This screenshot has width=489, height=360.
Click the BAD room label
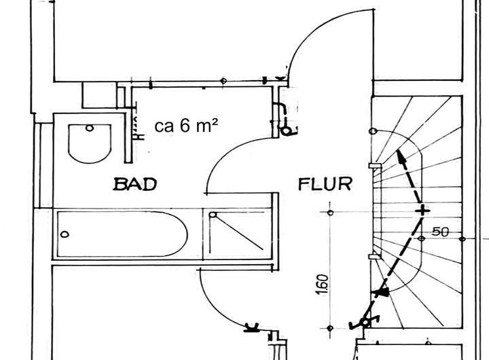134,184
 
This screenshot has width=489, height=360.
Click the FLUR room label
325,184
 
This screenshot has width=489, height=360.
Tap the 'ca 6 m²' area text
186,126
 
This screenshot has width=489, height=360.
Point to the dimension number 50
441,232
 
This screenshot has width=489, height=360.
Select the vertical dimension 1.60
324,284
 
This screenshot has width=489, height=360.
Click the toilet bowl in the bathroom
90,143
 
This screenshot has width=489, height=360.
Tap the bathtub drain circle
65,234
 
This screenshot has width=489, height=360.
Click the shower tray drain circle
213,215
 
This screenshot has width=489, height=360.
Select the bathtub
122,234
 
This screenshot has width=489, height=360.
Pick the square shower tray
238,234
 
